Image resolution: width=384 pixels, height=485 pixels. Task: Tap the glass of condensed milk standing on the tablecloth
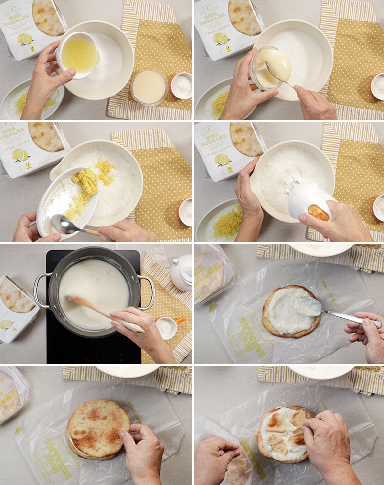click(149, 87)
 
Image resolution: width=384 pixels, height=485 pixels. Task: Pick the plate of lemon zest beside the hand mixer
click(222, 222)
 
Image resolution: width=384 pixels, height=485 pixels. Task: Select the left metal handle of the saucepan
click(41, 291)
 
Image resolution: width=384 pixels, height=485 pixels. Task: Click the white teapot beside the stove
click(182, 272)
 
